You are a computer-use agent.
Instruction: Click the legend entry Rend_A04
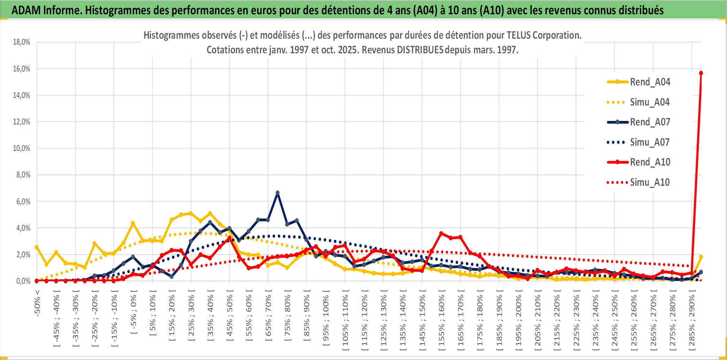[x=650, y=82]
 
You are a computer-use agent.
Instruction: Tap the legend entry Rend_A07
[x=650, y=122]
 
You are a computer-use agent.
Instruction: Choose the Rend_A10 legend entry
[x=650, y=162]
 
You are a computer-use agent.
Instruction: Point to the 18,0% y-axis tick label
[x=22, y=42]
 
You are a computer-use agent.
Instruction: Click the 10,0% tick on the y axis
[x=22, y=148]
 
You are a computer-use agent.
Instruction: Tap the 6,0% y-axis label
[x=23, y=201]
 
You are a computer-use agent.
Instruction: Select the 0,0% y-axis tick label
[x=23, y=281]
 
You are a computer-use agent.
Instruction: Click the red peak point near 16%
[x=701, y=73]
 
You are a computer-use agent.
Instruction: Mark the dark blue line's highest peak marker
[x=277, y=193]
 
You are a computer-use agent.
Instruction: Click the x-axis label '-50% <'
[x=37, y=303]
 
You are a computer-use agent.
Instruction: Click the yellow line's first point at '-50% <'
[x=37, y=247]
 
